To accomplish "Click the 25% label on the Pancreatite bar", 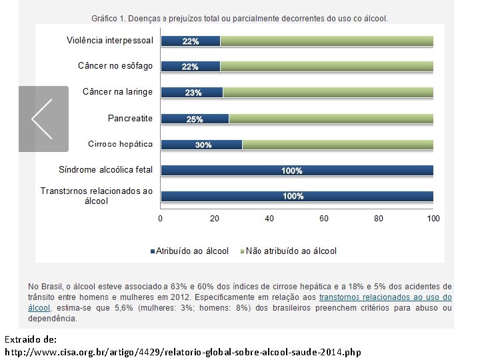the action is click(195, 119).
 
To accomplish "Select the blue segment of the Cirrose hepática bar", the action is click(202, 145).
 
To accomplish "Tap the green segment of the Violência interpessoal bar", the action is click(327, 41).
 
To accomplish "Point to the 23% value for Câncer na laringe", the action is click(193, 93).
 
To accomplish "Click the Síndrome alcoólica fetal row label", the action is click(105, 169).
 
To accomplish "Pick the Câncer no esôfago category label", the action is click(115, 66).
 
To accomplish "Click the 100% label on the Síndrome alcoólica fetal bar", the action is click(292, 171).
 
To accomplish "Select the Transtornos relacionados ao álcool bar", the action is click(297, 196).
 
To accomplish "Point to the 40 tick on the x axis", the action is click(269, 219).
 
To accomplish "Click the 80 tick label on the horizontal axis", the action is click(379, 219).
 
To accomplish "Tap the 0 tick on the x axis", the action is click(161, 219).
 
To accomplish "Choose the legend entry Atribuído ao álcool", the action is click(189, 251).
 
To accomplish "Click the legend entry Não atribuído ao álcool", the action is click(289, 251).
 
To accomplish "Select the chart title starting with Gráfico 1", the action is click(239, 19).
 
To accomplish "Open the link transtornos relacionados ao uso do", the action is click(385, 297).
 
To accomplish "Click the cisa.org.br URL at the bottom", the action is click(183, 352).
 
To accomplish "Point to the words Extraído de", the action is click(31, 339).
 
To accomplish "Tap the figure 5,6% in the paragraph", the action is click(124, 307).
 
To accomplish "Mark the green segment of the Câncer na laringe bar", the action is click(328, 93).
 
